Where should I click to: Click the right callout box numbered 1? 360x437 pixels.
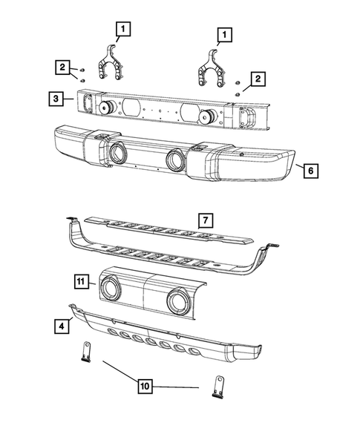pyautogui.click(x=222, y=34)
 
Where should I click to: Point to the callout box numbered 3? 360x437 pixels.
pyautogui.click(x=56, y=96)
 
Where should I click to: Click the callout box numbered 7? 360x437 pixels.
pyautogui.click(x=205, y=220)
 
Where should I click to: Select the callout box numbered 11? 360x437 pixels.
pyautogui.click(x=82, y=280)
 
